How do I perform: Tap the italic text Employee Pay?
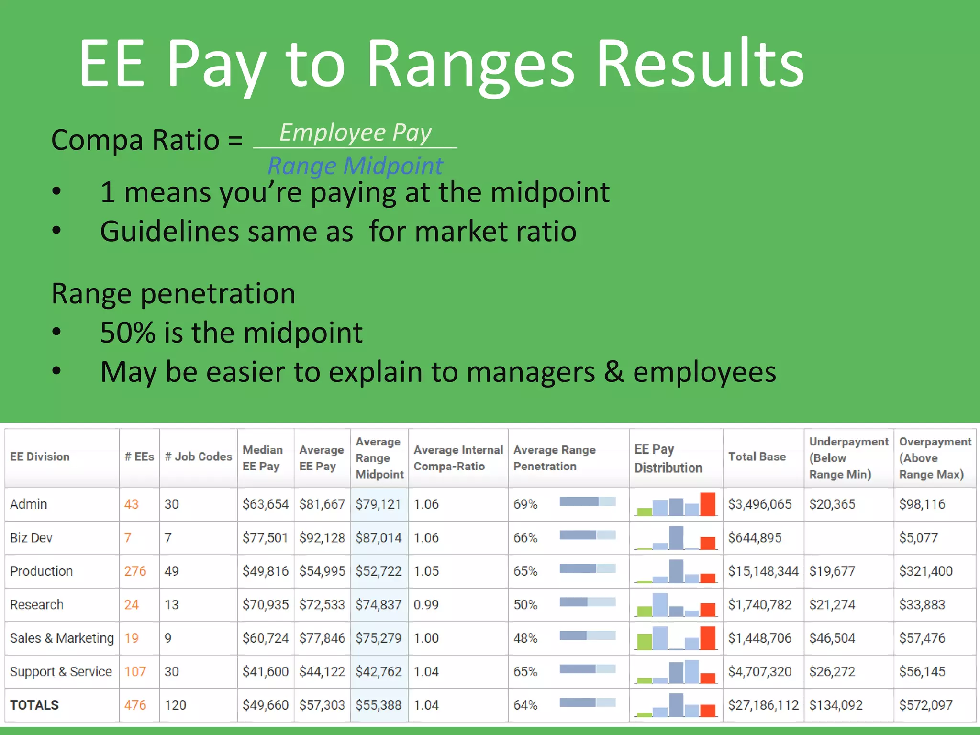click(x=355, y=133)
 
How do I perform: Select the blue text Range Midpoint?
click(x=355, y=166)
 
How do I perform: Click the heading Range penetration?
click(x=173, y=293)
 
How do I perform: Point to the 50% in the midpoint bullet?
click(x=127, y=333)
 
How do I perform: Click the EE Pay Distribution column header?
click(x=668, y=458)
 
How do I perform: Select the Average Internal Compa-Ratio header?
click(x=458, y=458)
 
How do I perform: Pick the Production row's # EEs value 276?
click(x=135, y=571)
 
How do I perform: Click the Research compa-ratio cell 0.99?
click(x=426, y=604)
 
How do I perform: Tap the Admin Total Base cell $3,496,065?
click(x=759, y=504)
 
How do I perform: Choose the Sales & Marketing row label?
click(x=62, y=638)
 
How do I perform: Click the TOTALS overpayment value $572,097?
click(x=925, y=705)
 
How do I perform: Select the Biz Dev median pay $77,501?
click(x=265, y=537)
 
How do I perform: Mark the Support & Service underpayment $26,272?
click(x=832, y=671)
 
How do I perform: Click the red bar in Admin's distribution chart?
click(x=708, y=504)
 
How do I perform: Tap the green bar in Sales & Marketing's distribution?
click(x=645, y=641)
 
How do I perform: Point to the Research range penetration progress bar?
click(x=587, y=602)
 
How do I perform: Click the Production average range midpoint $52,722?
click(x=379, y=571)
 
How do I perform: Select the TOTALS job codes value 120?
click(x=175, y=705)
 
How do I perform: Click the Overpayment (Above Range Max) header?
click(x=935, y=458)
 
